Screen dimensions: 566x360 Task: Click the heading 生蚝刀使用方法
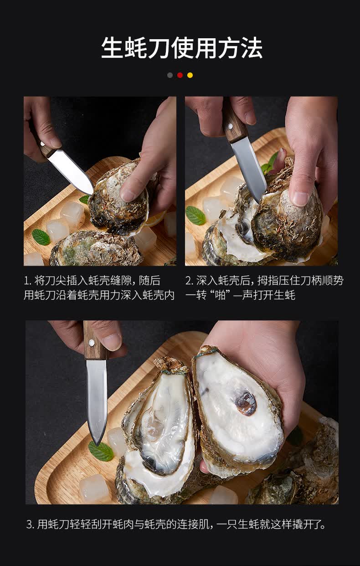coord(181,48)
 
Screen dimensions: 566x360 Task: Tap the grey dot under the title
coord(170,75)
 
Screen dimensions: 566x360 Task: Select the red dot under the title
coord(180,75)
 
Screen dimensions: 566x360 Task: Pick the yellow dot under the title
coord(190,75)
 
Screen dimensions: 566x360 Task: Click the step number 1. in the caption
coord(27,281)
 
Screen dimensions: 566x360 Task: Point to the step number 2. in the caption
coord(189,281)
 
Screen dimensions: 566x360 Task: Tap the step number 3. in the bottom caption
coord(30,525)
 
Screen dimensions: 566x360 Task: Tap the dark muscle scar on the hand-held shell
coord(245,403)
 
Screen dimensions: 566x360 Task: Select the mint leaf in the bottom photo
coord(101,451)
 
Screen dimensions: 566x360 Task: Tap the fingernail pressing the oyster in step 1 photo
coord(128,195)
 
